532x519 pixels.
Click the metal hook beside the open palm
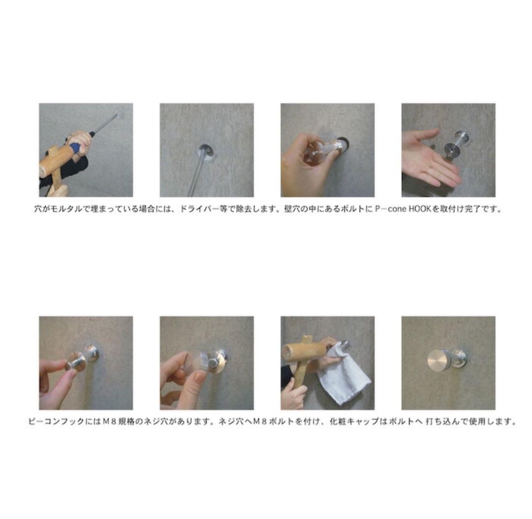point(457,144)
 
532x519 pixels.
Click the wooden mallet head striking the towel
point(303,351)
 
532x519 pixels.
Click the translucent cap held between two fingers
point(192,366)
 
